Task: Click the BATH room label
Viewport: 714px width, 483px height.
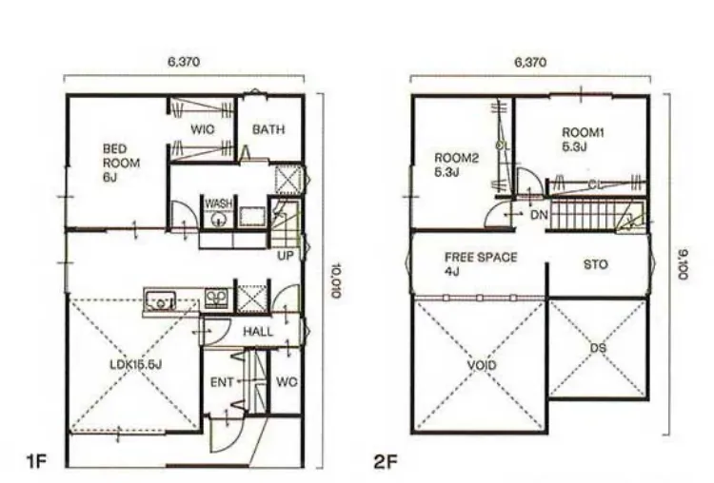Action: pos(268,129)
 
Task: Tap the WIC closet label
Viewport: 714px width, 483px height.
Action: pos(202,129)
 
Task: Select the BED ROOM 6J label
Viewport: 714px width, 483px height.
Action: pos(121,163)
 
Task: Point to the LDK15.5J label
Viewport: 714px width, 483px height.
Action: pos(136,364)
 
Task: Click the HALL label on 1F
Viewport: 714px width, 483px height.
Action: pos(258,332)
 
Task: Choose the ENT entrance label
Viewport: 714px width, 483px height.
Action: pos(222,383)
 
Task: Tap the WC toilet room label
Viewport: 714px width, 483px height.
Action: pos(287,382)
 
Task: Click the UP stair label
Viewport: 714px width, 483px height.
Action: pos(286,256)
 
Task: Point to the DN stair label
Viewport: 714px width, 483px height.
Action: pos(539,215)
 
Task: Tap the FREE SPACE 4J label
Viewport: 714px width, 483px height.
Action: pos(481,264)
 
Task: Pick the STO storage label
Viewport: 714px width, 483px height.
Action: pos(596,264)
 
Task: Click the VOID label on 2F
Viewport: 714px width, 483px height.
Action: pos(482,365)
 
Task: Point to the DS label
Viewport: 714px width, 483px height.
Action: pos(599,348)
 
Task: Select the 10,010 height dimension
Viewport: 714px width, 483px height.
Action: pos(336,280)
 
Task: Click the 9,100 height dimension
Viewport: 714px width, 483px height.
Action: pos(683,264)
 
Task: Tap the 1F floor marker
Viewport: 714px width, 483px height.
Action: pos(37,462)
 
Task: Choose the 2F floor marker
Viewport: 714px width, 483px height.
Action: pos(386,462)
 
